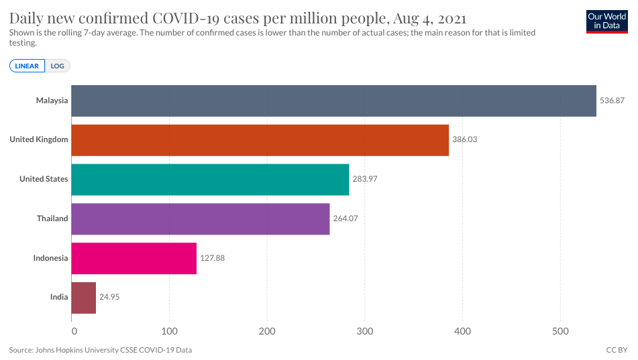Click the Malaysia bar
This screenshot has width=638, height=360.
click(333, 101)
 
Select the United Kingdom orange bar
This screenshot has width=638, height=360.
click(260, 140)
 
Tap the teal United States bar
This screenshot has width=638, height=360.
click(210, 180)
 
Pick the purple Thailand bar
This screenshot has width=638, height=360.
click(200, 219)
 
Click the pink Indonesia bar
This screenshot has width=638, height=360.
click(134, 258)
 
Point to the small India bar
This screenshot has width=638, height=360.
click(83, 298)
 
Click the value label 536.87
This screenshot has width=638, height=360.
click(612, 101)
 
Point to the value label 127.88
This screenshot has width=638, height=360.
click(213, 258)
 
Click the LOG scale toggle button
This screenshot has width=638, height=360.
click(58, 66)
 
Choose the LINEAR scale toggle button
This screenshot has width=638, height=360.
click(27, 66)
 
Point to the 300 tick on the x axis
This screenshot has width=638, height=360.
click(365, 331)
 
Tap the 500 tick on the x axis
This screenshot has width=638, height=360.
click(560, 331)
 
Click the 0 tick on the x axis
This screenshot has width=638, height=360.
click(73, 331)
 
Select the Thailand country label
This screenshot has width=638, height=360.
click(52, 219)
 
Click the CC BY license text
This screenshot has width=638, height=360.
click(616, 350)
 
